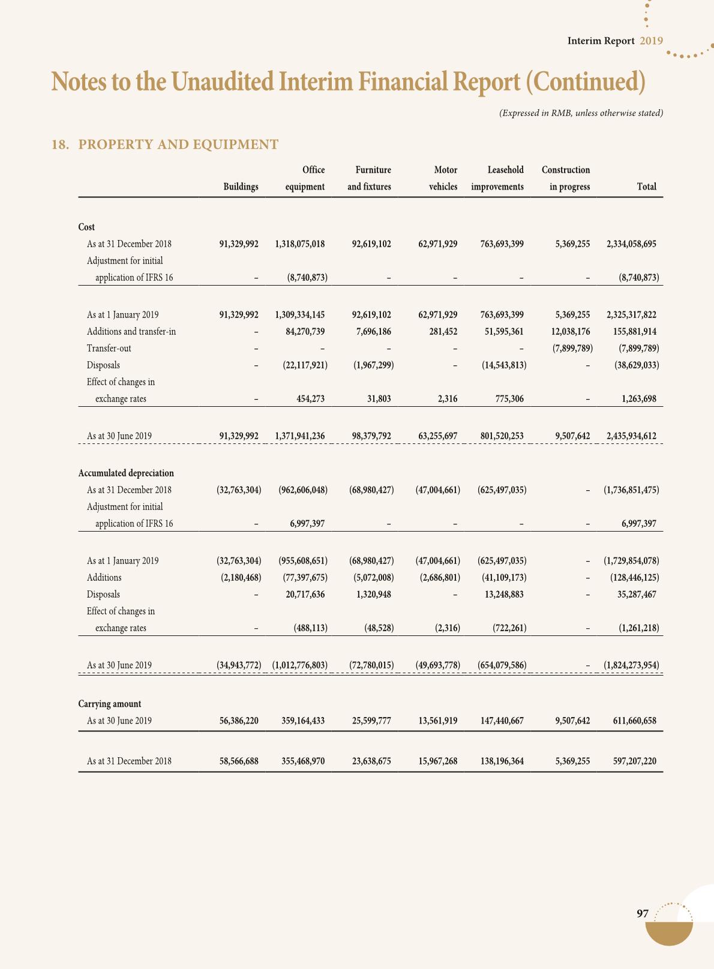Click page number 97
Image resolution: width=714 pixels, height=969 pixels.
[643, 914]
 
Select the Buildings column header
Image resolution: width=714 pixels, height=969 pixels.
[241, 187]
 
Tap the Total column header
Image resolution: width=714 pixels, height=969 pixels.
[646, 187]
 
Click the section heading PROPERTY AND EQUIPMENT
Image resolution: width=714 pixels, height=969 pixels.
[178, 145]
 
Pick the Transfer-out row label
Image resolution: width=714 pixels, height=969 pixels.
[109, 349]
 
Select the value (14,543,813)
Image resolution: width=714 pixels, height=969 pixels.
[504, 365]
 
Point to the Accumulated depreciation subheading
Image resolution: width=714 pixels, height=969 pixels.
[126, 473]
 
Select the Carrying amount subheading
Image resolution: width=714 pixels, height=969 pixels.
[110, 704]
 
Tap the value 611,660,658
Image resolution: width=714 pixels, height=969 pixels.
[631, 721]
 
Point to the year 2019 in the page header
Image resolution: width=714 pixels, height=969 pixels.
[651, 41]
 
